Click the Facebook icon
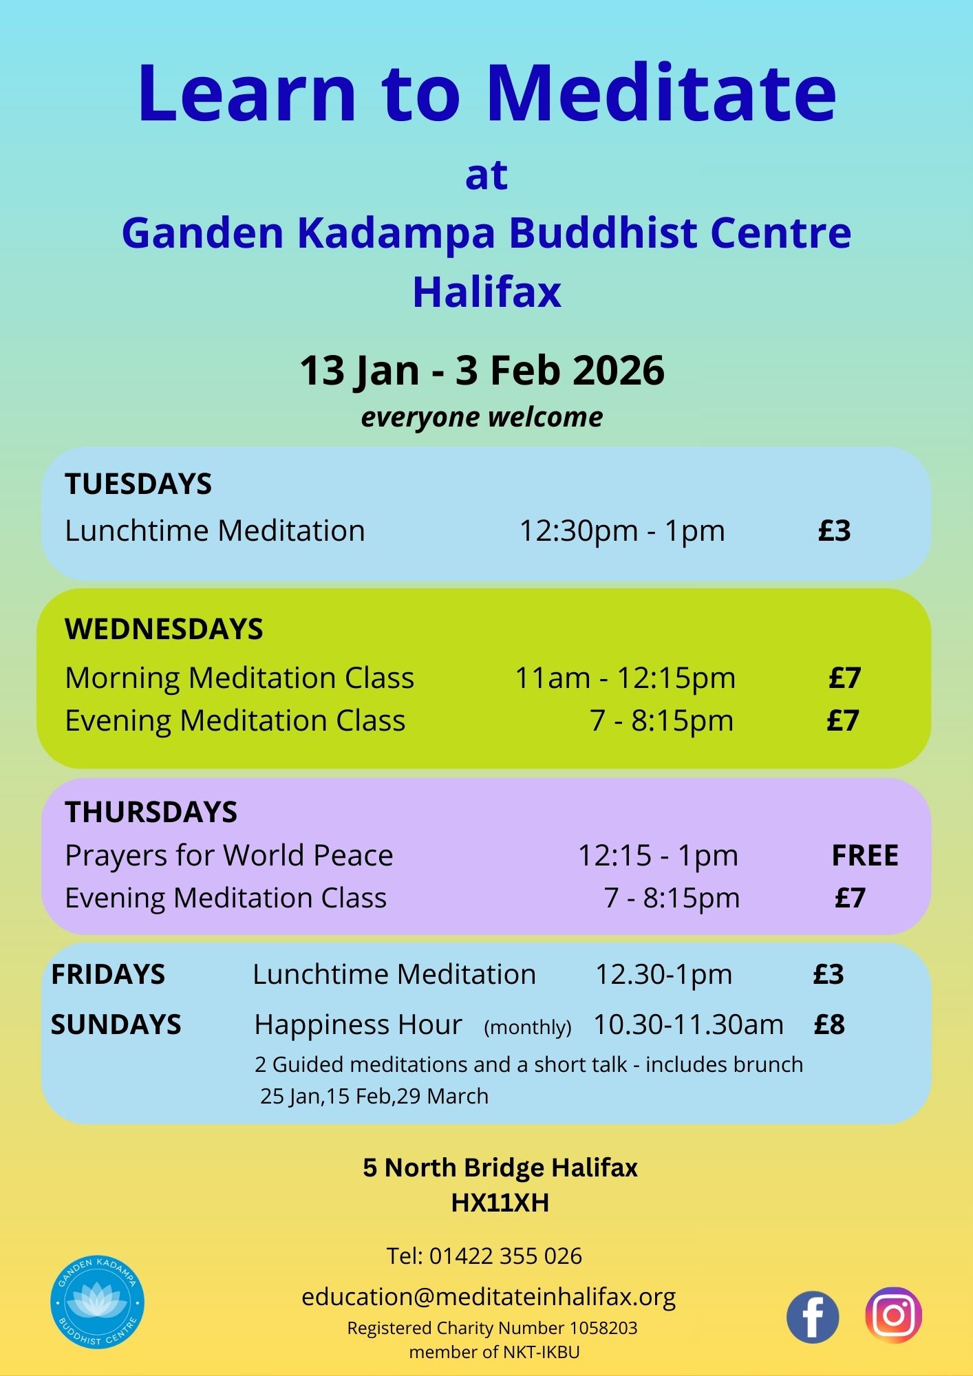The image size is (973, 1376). tap(813, 1317)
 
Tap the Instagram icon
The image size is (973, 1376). tap(894, 1315)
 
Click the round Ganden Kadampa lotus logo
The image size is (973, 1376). tap(97, 1302)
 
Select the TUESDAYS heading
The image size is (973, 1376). tap(138, 484)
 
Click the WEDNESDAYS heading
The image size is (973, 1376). tap(164, 629)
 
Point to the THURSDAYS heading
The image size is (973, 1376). tap(151, 812)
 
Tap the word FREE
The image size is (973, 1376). tap(865, 855)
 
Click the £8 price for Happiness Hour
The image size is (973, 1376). tap(829, 1024)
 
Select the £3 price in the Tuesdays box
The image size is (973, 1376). tap(835, 530)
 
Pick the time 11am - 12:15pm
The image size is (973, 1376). tap(625, 678)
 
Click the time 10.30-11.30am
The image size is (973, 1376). tap(688, 1024)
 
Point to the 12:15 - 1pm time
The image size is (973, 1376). tap(658, 856)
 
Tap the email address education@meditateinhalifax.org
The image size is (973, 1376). tap(489, 1297)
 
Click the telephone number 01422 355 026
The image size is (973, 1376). tap(506, 1256)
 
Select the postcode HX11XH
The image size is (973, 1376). tap(500, 1203)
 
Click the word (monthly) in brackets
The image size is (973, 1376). tap(528, 1027)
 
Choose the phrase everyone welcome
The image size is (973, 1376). tap(482, 418)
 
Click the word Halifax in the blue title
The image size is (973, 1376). tap(486, 292)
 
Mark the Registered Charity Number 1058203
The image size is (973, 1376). tap(492, 1328)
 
